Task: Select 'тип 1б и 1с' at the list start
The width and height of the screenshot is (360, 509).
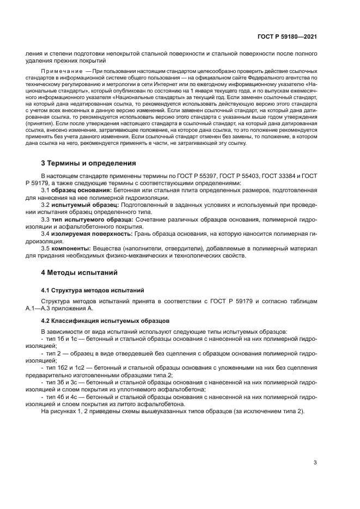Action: click(62, 339)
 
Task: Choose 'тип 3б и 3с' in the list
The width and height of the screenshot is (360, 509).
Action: click(62, 383)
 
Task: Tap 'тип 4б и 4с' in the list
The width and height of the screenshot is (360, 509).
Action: click(62, 397)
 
